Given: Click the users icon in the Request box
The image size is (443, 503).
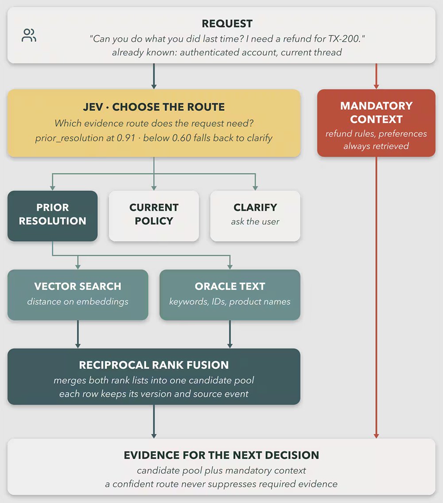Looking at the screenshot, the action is pos(29,35).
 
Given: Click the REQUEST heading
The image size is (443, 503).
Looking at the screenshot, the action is pos(227,23).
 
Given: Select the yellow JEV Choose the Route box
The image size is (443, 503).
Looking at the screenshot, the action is pos(154,123).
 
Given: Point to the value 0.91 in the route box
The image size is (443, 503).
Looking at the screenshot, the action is pos(126,138).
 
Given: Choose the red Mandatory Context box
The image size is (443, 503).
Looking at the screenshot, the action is pos(376,123).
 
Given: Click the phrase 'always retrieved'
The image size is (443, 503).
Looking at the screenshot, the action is pos(376,146).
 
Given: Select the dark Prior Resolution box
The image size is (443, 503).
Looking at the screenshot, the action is pos(53,216).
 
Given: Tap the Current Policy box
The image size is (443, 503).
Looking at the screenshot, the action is pos(154,216).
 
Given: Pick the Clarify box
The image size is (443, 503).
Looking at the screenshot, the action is pos(255,216).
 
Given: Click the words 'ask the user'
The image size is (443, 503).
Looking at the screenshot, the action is pos(255,222).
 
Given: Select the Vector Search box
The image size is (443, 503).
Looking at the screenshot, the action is pos(78,295).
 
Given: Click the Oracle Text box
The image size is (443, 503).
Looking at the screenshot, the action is pos(230,295).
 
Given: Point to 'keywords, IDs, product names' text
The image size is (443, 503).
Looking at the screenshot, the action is pos(230,302).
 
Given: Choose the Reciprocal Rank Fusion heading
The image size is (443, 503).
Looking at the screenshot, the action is pos(154,365).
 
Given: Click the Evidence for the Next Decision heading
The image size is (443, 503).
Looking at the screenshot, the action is pos(221,455).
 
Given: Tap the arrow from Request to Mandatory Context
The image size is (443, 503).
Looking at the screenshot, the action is pos(376,76).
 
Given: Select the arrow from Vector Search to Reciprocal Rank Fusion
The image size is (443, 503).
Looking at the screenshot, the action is pos(78,334).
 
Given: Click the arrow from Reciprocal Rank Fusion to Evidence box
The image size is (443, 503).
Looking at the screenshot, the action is pos(154,421).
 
